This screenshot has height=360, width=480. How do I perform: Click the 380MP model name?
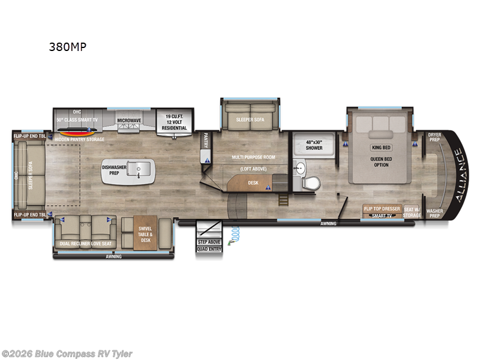coord(67,49)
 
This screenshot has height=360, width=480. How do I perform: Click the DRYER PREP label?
coord(435,137)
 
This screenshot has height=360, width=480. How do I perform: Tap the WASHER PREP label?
coord(434,213)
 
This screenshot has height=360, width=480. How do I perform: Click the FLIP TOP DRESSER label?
coord(382,209)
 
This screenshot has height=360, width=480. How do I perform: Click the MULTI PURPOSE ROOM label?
coord(254,157)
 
